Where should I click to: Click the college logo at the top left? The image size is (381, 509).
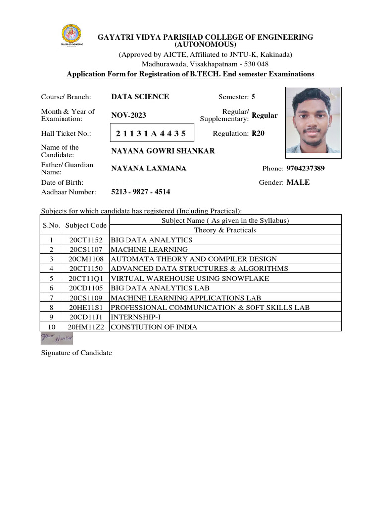72,35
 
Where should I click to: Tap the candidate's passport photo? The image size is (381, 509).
314,120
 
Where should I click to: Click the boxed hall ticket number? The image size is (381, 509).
151,133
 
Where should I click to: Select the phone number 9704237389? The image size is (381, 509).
306,169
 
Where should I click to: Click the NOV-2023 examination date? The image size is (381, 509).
128,115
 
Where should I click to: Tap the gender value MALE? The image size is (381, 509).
298,182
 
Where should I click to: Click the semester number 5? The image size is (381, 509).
254,97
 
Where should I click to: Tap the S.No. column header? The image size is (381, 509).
51,225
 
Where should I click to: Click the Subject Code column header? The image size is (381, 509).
86,225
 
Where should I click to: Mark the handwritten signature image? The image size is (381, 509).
57,339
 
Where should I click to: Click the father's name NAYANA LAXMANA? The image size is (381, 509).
148,169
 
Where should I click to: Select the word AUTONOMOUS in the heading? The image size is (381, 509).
205,45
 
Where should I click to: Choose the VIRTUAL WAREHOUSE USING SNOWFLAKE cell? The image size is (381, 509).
190,278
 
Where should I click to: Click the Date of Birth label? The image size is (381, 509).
62,182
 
